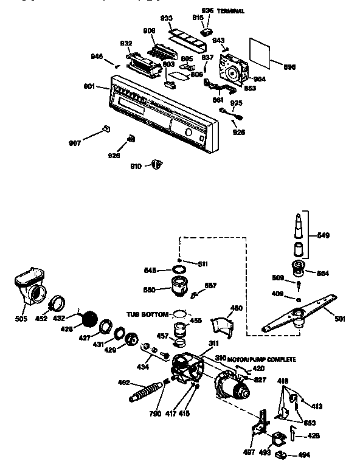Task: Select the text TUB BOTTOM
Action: pyautogui.click(x=147, y=314)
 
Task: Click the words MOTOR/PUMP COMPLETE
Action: pyautogui.click(x=263, y=359)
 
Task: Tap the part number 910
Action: pyautogui.click(x=136, y=165)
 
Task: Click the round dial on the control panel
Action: pyautogui.click(x=189, y=133)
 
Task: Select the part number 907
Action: pyautogui.click(x=74, y=144)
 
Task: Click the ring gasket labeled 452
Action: pyautogui.click(x=57, y=300)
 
